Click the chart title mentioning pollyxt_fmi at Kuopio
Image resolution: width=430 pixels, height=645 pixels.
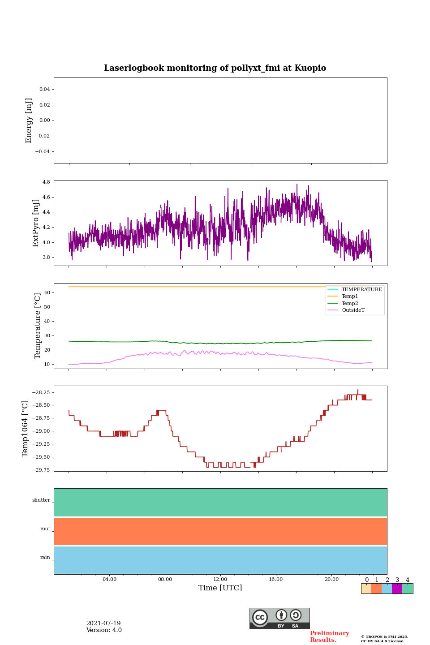pos(215,68)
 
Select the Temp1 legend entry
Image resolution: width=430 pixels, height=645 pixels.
pos(349,297)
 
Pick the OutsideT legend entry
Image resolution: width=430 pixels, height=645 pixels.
pos(353,310)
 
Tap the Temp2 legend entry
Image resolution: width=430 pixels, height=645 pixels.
pos(349,304)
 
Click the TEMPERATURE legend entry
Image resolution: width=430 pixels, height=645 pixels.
pos(361,290)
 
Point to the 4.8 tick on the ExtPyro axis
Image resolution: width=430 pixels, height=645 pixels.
pos(46,182)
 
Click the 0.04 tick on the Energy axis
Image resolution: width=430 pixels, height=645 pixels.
pos(44,90)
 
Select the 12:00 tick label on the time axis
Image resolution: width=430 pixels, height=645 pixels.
pos(220,580)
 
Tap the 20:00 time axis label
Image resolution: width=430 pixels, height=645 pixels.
pos(331,580)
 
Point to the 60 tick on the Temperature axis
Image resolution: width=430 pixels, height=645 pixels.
pos(47,293)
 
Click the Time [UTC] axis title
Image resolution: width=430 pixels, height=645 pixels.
pos(220,588)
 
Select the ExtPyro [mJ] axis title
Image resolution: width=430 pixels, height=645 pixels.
pos(36,223)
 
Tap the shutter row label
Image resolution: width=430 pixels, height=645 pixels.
pos(41,500)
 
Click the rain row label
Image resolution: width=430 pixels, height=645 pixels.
pos(45,558)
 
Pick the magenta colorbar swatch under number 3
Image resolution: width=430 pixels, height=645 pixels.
pos(397,589)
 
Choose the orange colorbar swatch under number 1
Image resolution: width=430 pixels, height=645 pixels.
pos(376,589)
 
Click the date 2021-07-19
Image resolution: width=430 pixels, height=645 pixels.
pos(103,623)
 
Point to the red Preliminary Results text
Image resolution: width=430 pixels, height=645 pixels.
pos(329,636)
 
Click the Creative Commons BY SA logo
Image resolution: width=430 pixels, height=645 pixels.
pos(279,618)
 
